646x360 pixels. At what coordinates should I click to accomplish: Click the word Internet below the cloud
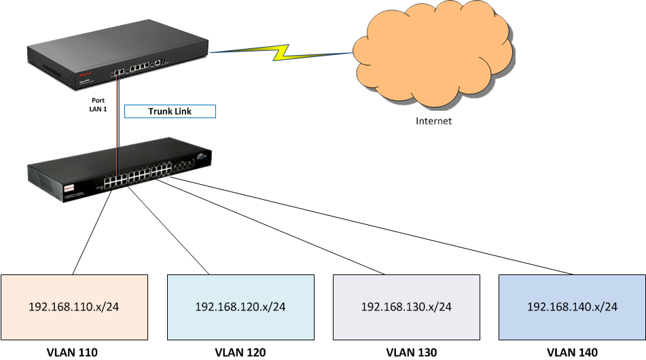tap(433, 122)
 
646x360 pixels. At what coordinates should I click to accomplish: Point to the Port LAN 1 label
tap(98, 104)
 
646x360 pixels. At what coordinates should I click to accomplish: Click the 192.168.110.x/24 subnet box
tap(74, 306)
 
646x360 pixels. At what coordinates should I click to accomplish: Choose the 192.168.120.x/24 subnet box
tap(240, 306)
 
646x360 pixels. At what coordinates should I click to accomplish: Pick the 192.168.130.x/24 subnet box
tap(406, 306)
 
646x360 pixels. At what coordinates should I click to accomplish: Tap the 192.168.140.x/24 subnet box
tap(572, 306)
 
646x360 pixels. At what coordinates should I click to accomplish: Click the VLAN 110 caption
tap(72, 352)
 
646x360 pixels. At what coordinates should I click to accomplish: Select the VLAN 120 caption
tap(240, 352)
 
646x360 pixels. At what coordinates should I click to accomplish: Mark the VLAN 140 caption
tap(572, 352)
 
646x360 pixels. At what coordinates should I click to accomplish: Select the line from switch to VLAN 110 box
tap(92, 231)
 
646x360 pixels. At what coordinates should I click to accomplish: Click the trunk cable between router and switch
tap(119, 129)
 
